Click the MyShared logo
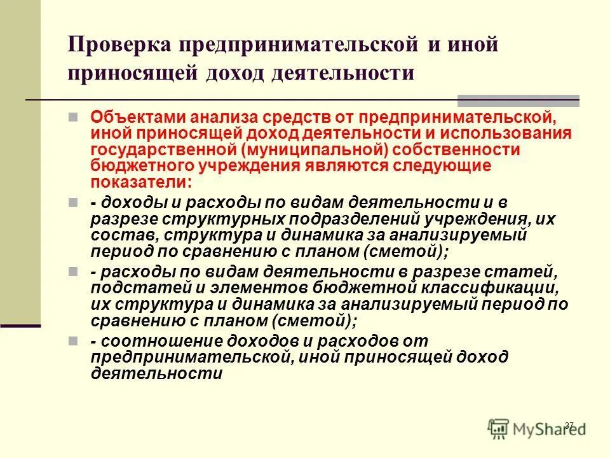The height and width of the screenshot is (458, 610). [537, 427]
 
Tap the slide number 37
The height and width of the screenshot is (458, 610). [569, 425]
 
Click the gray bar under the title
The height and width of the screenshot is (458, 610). [518, 100]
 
